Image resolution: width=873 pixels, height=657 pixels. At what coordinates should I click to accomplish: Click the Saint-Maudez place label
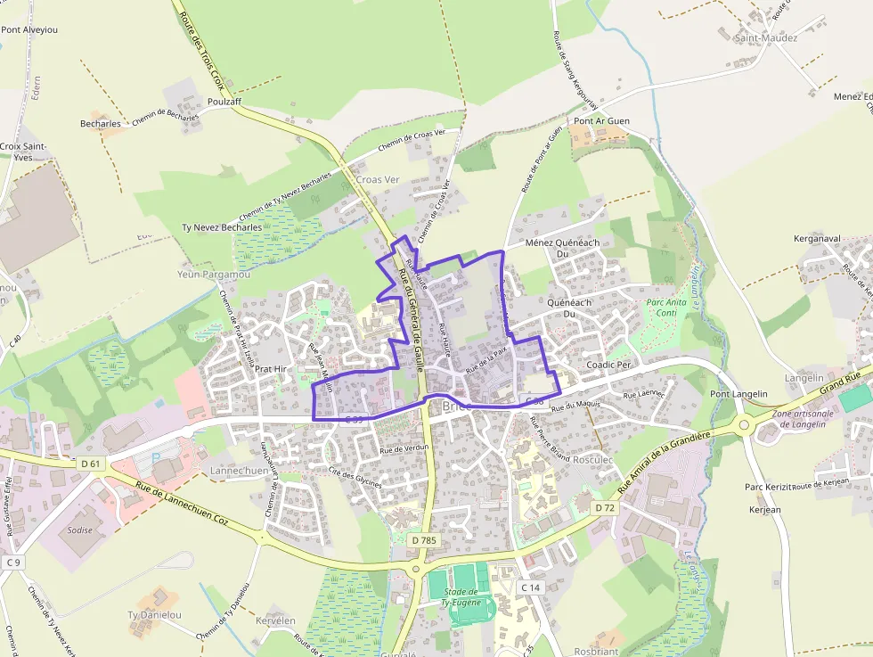click(x=765, y=38)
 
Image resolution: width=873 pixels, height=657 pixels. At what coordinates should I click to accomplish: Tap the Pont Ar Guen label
click(x=601, y=121)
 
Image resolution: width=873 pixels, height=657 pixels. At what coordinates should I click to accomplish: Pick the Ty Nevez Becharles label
click(x=222, y=227)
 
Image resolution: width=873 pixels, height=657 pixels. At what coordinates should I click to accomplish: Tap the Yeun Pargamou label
click(x=214, y=275)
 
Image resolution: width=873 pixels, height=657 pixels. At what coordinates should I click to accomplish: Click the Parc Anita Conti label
click(x=665, y=308)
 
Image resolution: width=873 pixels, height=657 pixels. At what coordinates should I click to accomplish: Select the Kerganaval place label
click(x=817, y=239)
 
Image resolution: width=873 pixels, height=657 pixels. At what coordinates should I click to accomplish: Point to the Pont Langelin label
click(x=731, y=394)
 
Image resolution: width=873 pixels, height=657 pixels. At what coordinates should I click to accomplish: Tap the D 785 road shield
click(x=424, y=540)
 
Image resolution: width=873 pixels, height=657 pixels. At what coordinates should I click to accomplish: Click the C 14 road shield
click(x=531, y=587)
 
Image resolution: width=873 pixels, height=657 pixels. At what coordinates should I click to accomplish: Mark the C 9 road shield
click(x=12, y=563)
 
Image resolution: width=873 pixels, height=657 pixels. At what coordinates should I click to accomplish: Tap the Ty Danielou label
click(x=154, y=615)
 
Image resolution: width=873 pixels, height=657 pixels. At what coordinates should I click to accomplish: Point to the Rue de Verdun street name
click(x=404, y=448)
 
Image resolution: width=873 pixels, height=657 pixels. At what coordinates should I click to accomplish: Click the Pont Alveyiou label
click(x=29, y=29)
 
